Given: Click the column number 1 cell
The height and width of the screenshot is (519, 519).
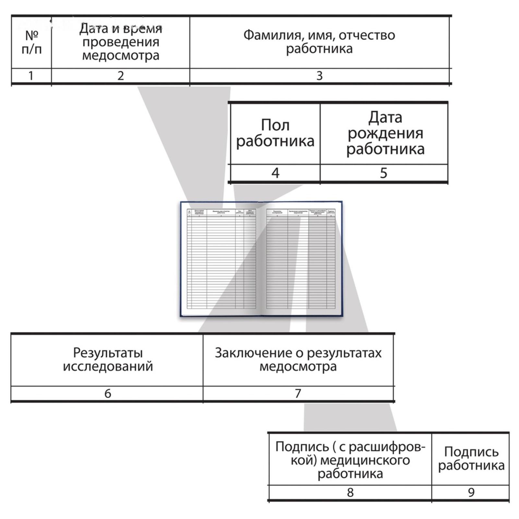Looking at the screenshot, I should tap(31, 76).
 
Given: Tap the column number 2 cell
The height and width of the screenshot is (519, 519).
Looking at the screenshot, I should tap(120, 76).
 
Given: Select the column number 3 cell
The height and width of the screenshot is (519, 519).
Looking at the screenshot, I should tap(319, 76).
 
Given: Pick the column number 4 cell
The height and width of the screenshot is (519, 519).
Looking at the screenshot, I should tap(275, 173).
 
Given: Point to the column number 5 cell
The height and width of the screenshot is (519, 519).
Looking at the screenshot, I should tap(383, 173).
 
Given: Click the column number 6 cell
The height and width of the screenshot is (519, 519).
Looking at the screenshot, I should tap(107, 393).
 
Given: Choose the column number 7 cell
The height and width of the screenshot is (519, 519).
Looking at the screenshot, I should tap(298, 393).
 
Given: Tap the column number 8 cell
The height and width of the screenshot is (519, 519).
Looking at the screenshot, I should tap(350, 492).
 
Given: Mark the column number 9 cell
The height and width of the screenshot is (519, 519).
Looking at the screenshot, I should tap(471, 492).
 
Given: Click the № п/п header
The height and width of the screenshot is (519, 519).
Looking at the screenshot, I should tap(31, 42).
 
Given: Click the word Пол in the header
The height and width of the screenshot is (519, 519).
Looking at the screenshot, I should tap(275, 125).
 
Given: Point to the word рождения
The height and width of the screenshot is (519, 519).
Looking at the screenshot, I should tap(385, 133).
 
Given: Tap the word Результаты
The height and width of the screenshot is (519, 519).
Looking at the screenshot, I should tap(108, 353).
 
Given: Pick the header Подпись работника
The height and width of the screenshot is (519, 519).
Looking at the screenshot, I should tap(471, 458).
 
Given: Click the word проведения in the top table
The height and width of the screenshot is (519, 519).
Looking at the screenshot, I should tap(121, 42).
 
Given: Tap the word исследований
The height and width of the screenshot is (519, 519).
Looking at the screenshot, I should tap(108, 367).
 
